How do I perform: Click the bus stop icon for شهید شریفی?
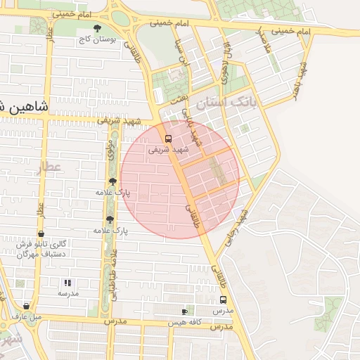coord(168,138)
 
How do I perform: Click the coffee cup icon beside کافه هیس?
coord(184,311)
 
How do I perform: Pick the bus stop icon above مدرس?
coord(222,300)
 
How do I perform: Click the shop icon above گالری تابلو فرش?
coord(41,234)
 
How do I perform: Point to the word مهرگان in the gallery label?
coord(25,253)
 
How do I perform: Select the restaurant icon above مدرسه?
coord(68,282)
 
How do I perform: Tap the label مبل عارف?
coord(26,316)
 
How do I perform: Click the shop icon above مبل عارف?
coord(26,306)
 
